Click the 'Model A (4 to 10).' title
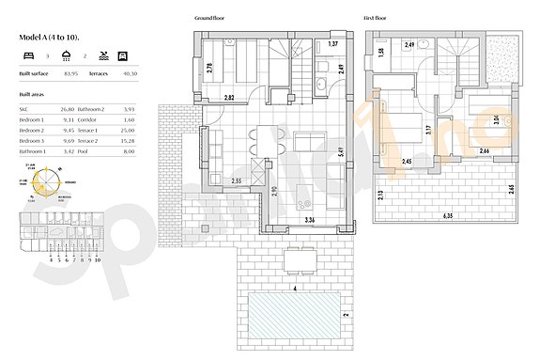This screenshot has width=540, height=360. [x=49, y=36]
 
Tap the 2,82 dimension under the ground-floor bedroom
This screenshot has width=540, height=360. [x=229, y=98]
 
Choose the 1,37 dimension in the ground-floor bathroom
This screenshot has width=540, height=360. [x=332, y=44]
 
